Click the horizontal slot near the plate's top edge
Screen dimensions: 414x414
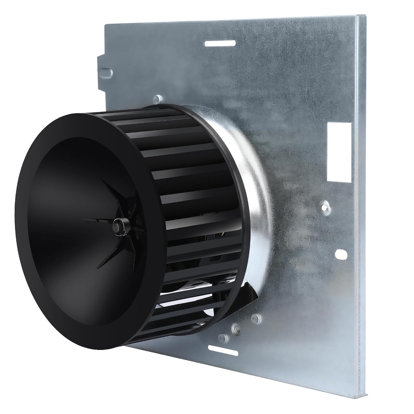(220, 43)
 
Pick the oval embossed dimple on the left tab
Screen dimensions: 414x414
(107, 72)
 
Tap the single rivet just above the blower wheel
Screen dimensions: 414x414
(158, 98)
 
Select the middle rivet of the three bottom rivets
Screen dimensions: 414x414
(236, 328)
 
